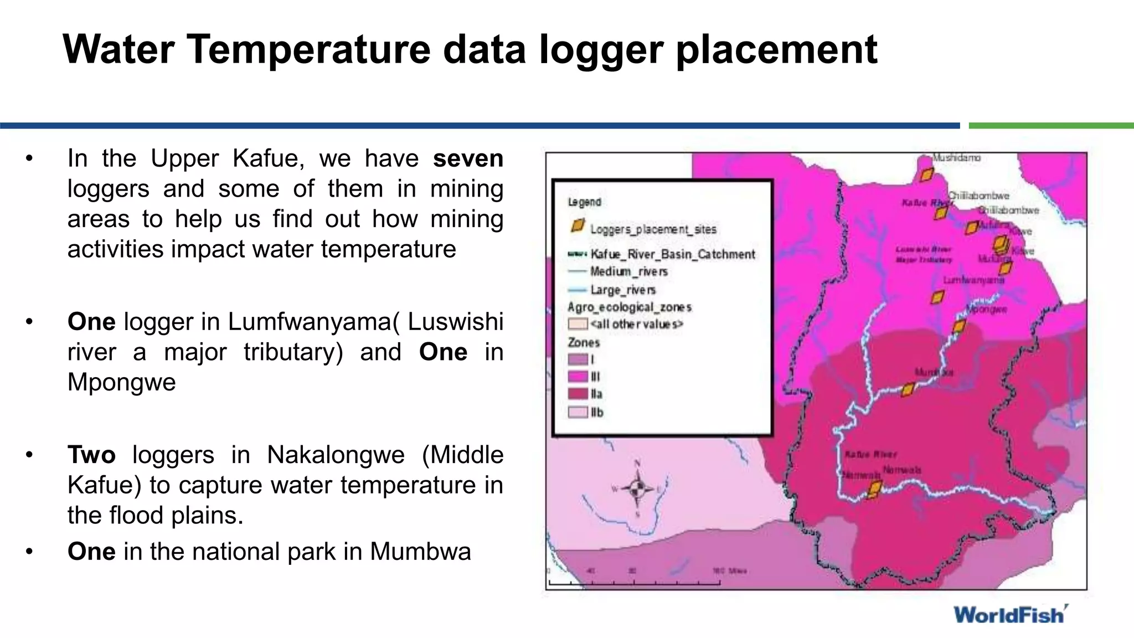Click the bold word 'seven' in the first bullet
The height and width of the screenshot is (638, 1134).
468,158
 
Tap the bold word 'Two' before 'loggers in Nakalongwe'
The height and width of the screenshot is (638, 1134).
91,455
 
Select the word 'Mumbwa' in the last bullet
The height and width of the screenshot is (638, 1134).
420,552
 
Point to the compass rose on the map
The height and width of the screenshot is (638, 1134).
637,488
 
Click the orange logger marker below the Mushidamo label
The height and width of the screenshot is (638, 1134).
927,175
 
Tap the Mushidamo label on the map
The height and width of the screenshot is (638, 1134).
956,158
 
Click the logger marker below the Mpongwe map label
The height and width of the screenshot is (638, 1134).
959,326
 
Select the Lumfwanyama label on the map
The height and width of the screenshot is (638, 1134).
973,280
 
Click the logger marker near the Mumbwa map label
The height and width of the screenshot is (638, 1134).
908,390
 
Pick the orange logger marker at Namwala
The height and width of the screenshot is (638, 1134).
874,489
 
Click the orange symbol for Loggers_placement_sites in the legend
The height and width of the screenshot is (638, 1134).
578,226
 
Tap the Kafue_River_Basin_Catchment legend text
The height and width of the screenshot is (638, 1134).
672,254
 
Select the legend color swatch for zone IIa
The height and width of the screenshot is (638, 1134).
578,394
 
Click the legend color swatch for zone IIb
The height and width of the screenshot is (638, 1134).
578,412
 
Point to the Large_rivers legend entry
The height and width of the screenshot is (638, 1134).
622,290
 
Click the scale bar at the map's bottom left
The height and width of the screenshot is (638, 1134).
634,582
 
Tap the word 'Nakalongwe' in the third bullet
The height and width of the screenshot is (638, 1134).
335,455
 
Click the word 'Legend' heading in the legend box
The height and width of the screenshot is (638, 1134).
584,202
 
